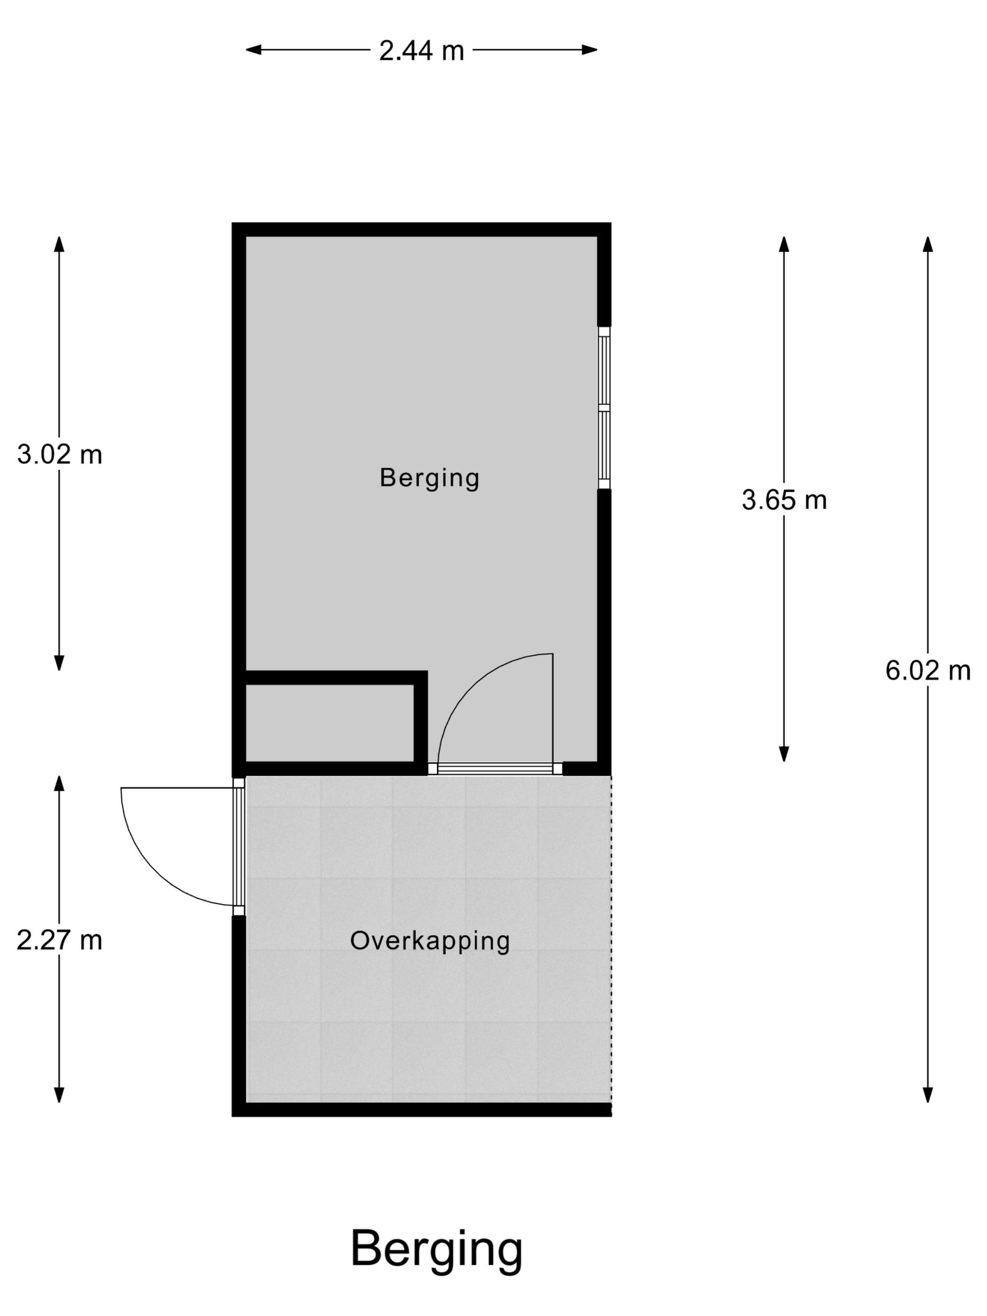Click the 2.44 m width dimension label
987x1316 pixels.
(x=421, y=51)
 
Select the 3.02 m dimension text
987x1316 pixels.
(x=60, y=455)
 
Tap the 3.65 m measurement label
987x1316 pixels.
(x=784, y=501)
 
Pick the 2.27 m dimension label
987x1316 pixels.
(x=60, y=940)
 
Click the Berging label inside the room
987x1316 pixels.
(x=430, y=478)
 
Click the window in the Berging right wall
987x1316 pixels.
(x=604, y=407)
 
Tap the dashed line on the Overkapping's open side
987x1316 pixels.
(x=611, y=940)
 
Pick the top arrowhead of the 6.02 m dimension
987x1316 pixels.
(x=927, y=244)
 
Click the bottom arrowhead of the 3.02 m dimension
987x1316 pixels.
(x=59, y=663)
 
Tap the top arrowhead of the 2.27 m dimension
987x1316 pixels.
(x=59, y=783)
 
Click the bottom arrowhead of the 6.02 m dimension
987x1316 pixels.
(x=927, y=1095)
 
